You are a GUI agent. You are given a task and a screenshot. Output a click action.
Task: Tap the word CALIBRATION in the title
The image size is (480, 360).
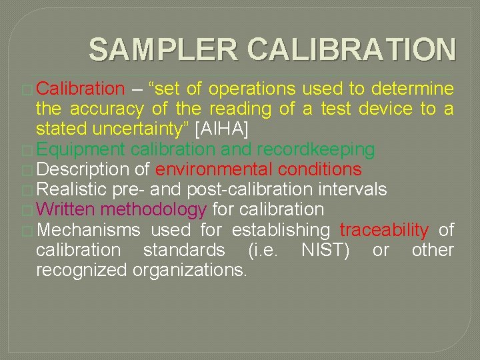pyautogui.click(x=351, y=50)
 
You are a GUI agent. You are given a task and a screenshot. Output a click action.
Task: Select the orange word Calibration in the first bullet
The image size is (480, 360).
pyautogui.click(x=81, y=89)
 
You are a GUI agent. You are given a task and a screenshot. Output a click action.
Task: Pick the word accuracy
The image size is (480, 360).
pyautogui.click(x=107, y=108)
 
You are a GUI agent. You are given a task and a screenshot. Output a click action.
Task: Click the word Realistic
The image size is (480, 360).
pyautogui.click(x=73, y=189)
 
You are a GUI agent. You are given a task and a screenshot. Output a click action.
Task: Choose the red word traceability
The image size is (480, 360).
pyautogui.click(x=384, y=230)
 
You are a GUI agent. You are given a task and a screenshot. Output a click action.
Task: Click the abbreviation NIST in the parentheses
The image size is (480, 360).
pyautogui.click(x=325, y=250)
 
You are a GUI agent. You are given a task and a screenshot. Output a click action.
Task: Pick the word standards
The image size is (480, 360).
pyautogui.click(x=184, y=250)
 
